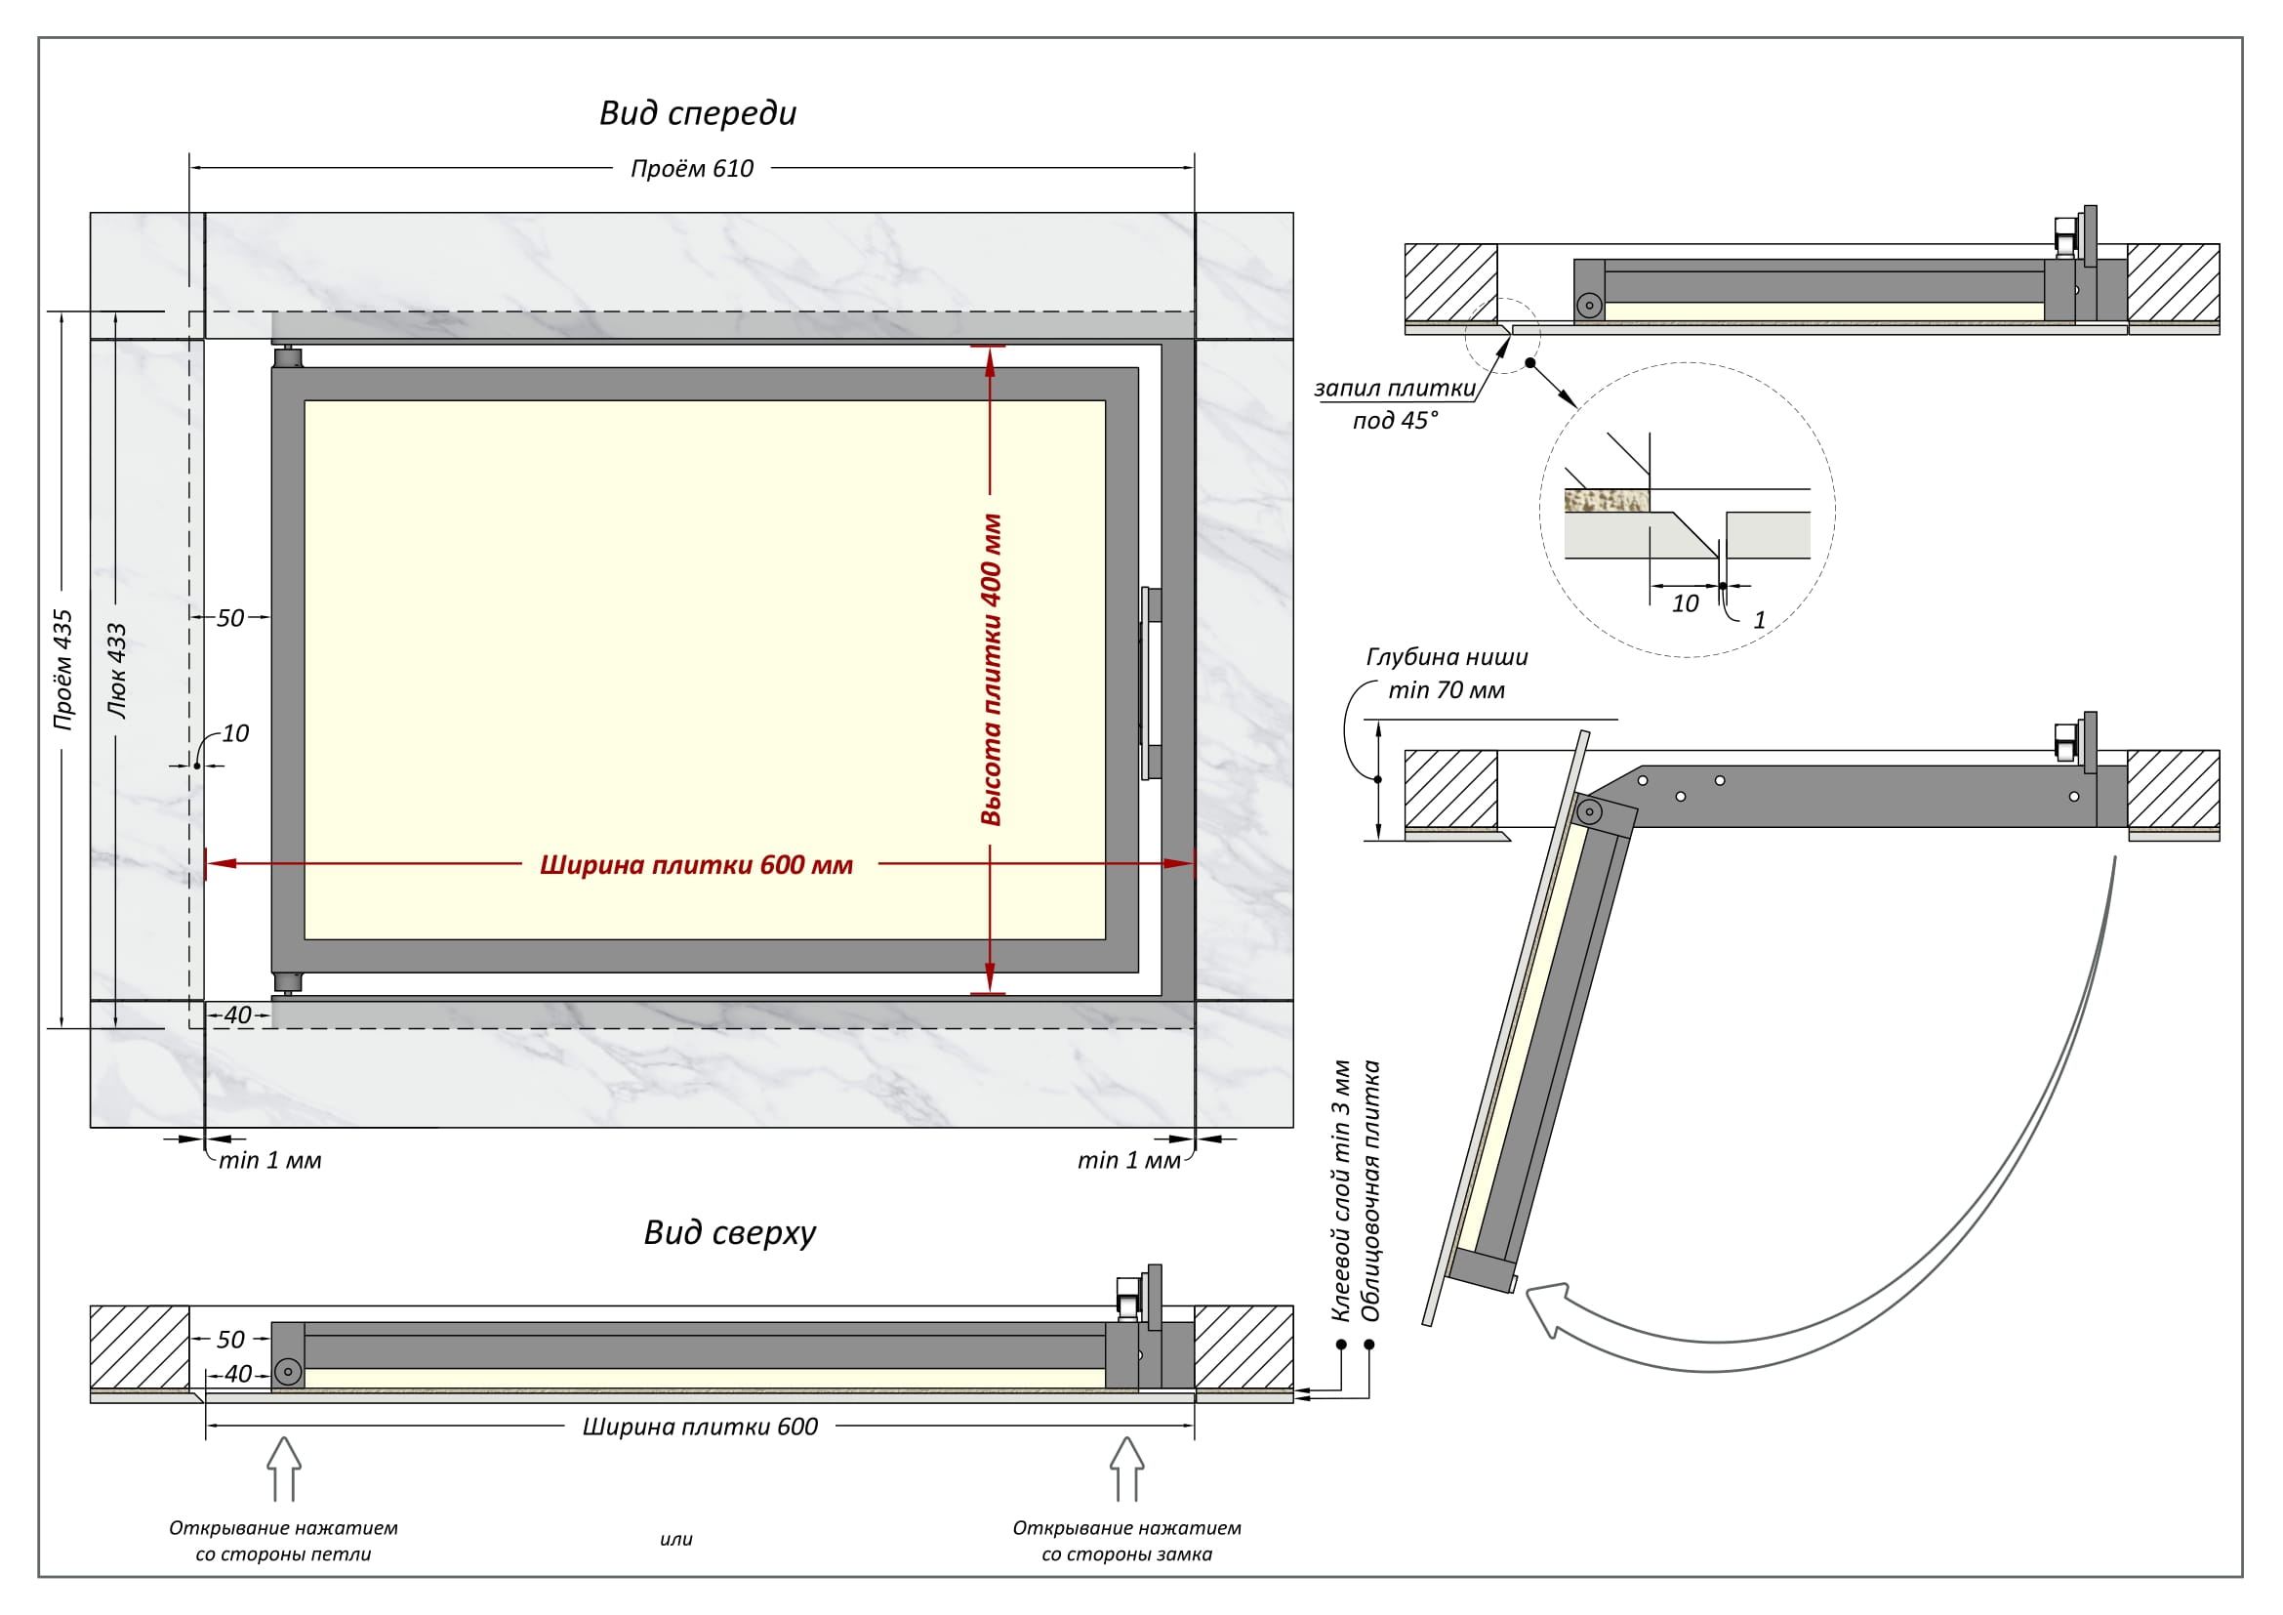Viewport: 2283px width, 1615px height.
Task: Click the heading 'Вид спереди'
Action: point(697,113)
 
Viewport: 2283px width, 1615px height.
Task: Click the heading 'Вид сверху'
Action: point(729,1233)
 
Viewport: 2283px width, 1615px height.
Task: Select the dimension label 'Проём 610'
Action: point(692,169)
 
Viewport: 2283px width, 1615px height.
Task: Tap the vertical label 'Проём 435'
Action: point(62,670)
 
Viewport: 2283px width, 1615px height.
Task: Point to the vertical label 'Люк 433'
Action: point(116,670)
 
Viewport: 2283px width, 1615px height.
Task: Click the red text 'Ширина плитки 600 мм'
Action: point(696,865)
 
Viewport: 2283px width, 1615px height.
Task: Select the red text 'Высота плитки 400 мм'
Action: point(991,670)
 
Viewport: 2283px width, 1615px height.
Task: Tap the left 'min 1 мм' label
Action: point(269,1161)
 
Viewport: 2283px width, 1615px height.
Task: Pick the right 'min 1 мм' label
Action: point(1128,1161)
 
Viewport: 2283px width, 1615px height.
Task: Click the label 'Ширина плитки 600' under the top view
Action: point(700,1428)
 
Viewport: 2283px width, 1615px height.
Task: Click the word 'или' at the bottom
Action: point(676,1540)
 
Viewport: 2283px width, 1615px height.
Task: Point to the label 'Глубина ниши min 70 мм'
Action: point(1447,674)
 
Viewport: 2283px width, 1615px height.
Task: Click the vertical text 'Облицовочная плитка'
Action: point(1371,1191)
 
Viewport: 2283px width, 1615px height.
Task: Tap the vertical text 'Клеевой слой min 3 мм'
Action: point(1340,1191)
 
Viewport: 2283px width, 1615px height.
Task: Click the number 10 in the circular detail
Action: point(1685,603)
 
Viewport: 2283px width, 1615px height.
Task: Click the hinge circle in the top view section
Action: point(287,1372)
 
